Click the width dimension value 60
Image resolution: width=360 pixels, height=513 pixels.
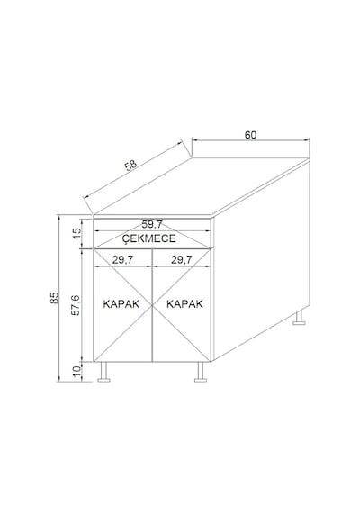251,135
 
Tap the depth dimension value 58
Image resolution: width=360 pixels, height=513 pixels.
131,166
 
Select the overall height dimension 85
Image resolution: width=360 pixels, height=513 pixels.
54,297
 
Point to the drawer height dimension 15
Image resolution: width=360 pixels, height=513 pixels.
76,233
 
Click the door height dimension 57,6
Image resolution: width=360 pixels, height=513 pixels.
76,305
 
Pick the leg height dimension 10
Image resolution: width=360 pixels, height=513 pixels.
76,372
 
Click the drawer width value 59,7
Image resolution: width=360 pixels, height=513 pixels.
152,225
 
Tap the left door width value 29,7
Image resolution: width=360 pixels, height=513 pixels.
122,260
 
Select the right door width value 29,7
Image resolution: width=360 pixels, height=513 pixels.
181,260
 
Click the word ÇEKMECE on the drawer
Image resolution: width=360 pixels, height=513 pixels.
148,238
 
